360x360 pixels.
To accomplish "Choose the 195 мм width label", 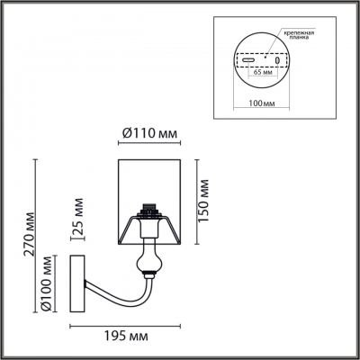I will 131,336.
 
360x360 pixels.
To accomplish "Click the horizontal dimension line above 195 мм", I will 123,322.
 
